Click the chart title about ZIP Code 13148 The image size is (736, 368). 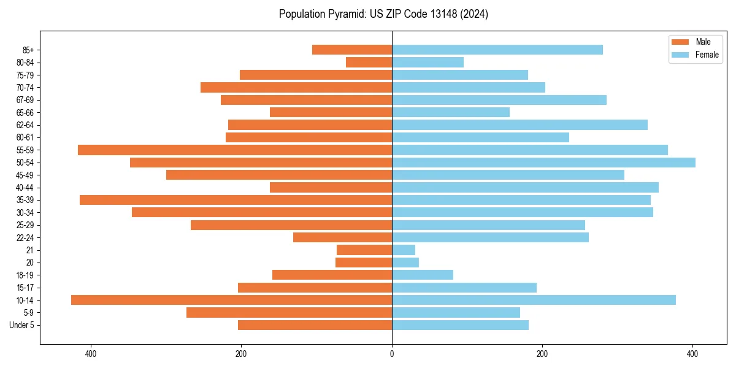[383, 14]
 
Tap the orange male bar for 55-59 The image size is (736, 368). [235, 150]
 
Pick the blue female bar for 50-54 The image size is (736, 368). [543, 163]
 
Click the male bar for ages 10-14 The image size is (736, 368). [231, 300]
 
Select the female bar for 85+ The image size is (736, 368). [497, 50]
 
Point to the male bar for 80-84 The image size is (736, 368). [369, 62]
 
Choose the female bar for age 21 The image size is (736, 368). [404, 250]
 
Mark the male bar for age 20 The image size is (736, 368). [364, 263]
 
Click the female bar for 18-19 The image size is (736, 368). [423, 275]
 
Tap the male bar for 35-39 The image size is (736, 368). [236, 200]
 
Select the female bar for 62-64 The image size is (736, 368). [519, 125]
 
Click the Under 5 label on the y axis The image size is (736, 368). [21, 325]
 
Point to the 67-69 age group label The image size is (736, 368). [25, 100]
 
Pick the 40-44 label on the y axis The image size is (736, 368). [25, 188]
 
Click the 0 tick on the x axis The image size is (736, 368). [392, 354]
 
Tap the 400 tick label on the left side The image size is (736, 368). [91, 354]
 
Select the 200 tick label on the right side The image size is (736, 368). [542, 354]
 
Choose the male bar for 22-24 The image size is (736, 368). [342, 237]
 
